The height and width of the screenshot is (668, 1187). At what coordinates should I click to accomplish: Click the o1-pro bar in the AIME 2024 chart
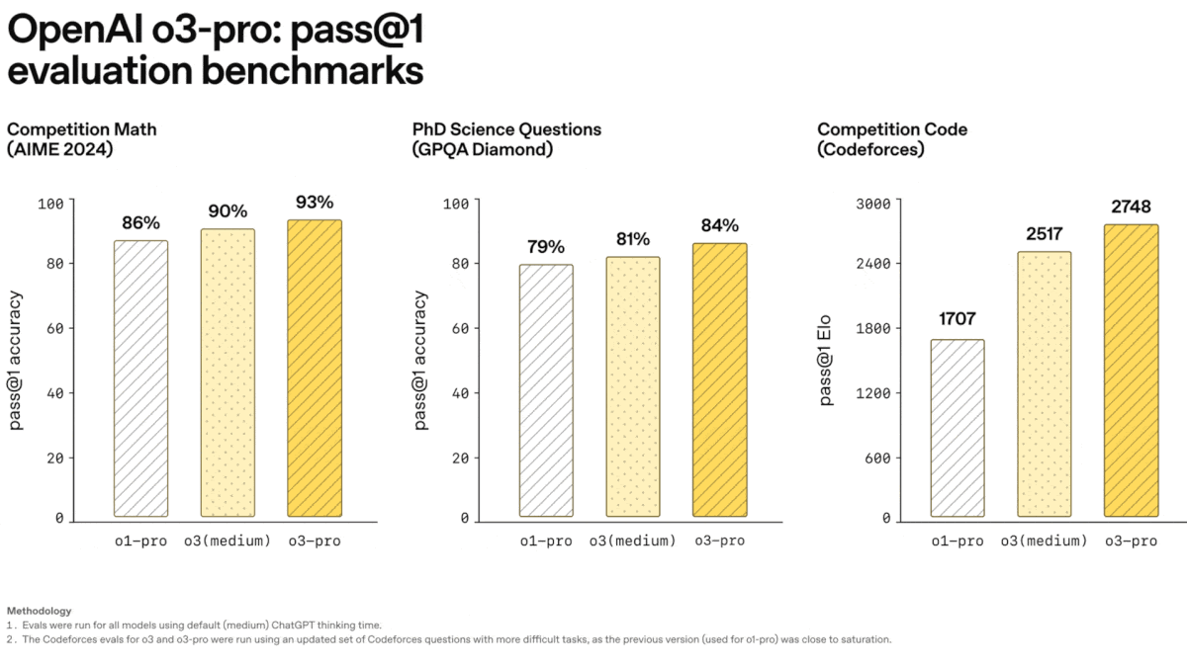click(x=140, y=378)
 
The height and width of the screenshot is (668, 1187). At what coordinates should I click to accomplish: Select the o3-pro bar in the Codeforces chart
click(x=1131, y=371)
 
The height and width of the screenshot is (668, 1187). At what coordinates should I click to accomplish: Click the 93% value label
click(x=315, y=202)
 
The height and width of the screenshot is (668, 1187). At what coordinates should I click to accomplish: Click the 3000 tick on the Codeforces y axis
click(x=873, y=204)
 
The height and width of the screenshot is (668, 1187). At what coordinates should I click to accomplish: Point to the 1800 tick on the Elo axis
click(x=873, y=328)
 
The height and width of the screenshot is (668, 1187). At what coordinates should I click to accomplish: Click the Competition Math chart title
click(x=82, y=129)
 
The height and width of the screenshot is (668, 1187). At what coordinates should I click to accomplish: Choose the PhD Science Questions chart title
click(x=506, y=129)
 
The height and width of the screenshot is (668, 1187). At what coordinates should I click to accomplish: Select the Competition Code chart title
click(x=892, y=129)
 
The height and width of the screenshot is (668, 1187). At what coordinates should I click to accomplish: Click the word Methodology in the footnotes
click(x=39, y=611)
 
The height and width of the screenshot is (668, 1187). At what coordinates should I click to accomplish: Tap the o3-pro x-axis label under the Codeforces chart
click(x=1131, y=541)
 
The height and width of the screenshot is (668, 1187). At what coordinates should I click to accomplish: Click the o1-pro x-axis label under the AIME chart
click(x=140, y=541)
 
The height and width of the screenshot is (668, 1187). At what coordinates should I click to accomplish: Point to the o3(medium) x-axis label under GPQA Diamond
click(x=633, y=541)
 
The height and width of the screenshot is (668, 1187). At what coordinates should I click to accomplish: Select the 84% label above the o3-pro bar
click(x=719, y=225)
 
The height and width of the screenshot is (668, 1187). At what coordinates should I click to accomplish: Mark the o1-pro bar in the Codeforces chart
click(x=958, y=428)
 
